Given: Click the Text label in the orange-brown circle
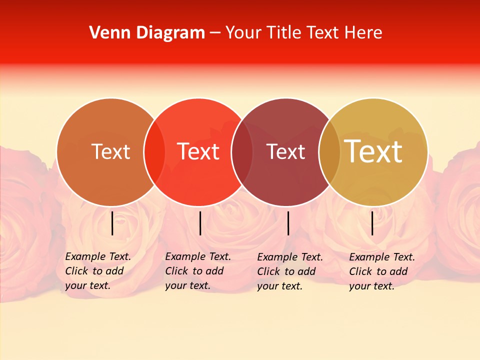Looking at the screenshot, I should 110,151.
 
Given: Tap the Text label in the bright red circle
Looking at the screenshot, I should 198,151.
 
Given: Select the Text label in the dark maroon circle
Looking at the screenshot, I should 286,151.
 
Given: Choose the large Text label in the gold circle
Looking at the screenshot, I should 373,151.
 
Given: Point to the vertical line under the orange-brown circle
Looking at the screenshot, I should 112,223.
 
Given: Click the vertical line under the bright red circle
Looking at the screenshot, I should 200,223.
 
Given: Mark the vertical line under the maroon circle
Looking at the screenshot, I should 288,223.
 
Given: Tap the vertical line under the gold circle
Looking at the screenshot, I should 372,223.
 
